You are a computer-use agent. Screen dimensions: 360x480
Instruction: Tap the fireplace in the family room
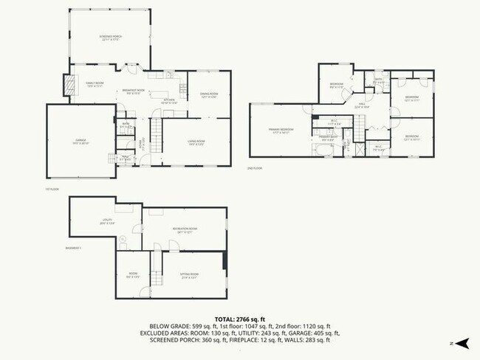tap(71, 86)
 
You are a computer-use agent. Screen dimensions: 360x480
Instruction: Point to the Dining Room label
tap(209, 95)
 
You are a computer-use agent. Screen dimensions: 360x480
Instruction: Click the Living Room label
tap(195, 143)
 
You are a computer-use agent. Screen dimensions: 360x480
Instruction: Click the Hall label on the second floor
tap(363, 105)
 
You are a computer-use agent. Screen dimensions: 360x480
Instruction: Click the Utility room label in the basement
tap(107, 221)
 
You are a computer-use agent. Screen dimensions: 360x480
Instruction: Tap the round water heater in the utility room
tap(125, 240)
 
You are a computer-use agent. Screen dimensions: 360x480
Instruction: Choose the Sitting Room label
tap(190, 277)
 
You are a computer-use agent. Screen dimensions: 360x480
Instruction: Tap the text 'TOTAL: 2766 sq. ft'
tap(240, 319)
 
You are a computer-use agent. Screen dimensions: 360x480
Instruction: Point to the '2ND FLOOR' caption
tap(255, 168)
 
